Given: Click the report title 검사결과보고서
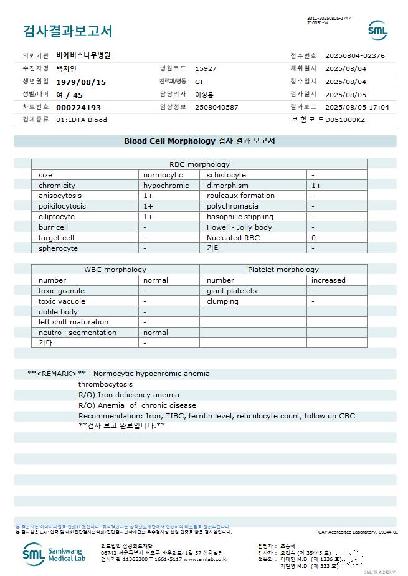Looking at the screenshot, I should pos(67,31).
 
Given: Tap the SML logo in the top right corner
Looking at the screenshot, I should pos(377,31).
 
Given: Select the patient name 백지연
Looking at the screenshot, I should pos(66,68).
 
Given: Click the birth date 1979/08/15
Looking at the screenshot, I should pos(81,82).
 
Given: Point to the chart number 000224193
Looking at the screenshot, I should pos(78,107).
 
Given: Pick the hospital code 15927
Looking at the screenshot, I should pos(206,68).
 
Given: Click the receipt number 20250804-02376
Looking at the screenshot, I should pos(355,55).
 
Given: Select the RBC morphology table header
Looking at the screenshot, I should pos(199,164).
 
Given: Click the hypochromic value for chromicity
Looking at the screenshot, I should pos(166,186).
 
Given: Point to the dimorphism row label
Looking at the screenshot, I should pos(227,186).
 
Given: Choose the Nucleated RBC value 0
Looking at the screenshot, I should pos(313,238).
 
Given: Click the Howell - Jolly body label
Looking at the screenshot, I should pos(239,227).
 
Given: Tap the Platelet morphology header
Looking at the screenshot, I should pos(283,270).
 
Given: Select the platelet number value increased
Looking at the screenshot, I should pos(328,280).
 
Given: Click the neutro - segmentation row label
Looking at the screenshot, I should pos(77,333).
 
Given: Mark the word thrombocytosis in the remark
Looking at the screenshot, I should pos(105,384).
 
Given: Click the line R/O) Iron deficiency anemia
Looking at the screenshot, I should pos(128,395).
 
